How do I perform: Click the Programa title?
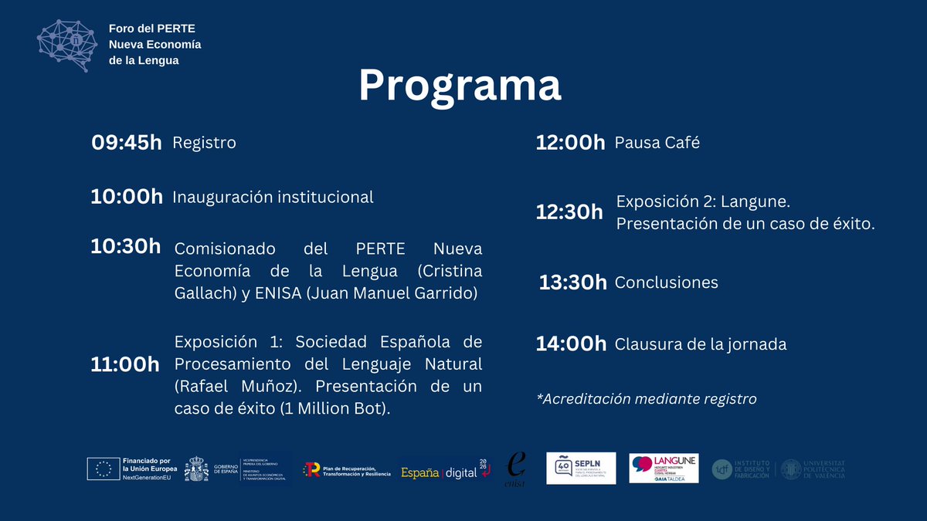pyautogui.click(x=460, y=86)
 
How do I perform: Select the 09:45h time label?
pyautogui.click(x=127, y=143)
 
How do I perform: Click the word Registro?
pyautogui.click(x=204, y=143)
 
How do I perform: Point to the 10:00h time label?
pyautogui.click(x=127, y=197)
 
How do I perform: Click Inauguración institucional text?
pyautogui.click(x=273, y=197)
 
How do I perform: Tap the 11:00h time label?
pyautogui.click(x=126, y=364)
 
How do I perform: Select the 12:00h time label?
pyautogui.click(x=570, y=143)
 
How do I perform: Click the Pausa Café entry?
pyautogui.click(x=657, y=143)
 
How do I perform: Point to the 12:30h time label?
pyautogui.click(x=570, y=212)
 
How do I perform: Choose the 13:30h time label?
pyautogui.click(x=572, y=282)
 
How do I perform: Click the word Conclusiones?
pyautogui.click(x=666, y=282)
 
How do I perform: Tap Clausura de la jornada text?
pyautogui.click(x=700, y=344)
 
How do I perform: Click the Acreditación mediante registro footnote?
pyautogui.click(x=646, y=399)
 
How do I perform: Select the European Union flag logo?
pyautogui.click(x=103, y=469)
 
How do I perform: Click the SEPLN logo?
pyautogui.click(x=581, y=468)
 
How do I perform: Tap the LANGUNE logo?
pyautogui.click(x=664, y=468)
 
